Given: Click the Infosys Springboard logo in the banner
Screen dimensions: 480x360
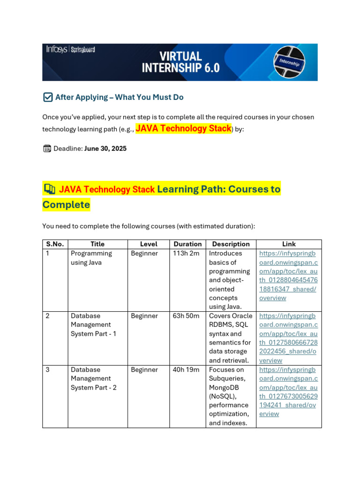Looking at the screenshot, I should [x=70, y=49].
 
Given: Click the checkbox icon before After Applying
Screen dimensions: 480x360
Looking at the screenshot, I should [x=47, y=97].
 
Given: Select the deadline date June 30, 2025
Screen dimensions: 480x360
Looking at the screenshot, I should [x=105, y=149].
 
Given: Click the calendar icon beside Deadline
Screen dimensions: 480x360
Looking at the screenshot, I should [x=47, y=149].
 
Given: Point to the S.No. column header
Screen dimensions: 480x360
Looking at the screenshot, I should [x=55, y=244].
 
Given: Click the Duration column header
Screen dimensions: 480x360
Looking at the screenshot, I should [x=187, y=244].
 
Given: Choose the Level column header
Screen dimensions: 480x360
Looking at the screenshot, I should [x=149, y=244].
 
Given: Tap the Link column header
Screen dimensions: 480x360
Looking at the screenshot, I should [x=289, y=244].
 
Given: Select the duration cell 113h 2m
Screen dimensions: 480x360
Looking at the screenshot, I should [x=186, y=254].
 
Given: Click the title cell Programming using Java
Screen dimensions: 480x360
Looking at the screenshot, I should [x=91, y=258].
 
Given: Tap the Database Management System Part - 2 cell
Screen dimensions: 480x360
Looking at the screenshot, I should [x=93, y=378].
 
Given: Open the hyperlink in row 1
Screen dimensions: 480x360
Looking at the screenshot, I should [x=288, y=276].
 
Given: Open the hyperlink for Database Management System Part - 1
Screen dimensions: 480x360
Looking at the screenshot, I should [x=288, y=338].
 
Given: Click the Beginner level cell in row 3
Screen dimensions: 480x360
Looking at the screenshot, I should [x=144, y=370].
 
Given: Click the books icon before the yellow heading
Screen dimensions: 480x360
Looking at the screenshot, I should [x=49, y=189].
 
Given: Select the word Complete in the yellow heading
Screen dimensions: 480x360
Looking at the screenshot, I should [x=66, y=205].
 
